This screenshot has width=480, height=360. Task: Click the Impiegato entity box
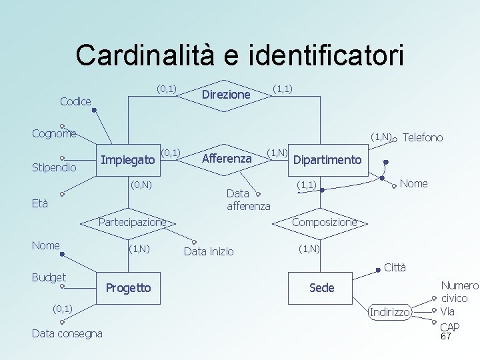tap(128, 159)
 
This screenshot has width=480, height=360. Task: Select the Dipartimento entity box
tap(327, 160)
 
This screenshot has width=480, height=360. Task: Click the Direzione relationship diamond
tap(225, 95)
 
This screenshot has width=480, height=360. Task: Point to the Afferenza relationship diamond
tap(226, 159)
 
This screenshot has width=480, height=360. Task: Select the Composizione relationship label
tap(324, 222)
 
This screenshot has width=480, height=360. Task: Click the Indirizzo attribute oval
tap(391, 312)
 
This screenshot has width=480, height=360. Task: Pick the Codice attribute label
tap(75, 101)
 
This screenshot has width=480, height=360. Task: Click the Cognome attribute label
tap(54, 133)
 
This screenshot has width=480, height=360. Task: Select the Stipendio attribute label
tap(54, 167)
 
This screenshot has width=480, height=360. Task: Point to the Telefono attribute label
tap(423, 137)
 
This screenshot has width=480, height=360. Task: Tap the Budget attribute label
tap(49, 277)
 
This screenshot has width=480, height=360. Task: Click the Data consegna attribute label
tap(67, 333)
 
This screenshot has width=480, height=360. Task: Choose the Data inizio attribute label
tap(209, 251)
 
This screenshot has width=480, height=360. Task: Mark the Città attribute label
tap(395, 268)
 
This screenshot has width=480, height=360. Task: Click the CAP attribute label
tap(449, 327)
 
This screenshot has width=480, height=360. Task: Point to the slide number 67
tap(446, 337)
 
